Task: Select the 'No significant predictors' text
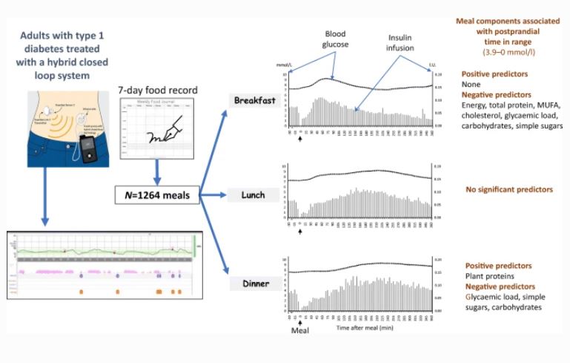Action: [x=506, y=191]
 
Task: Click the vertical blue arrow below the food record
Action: [x=156, y=172]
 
